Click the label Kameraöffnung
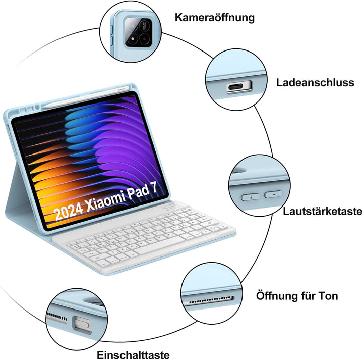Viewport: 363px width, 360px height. pyautogui.click(x=215, y=18)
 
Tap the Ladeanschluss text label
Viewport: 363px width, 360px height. pyautogui.click(x=315, y=82)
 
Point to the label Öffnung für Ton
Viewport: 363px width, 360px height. pyautogui.click(x=297, y=296)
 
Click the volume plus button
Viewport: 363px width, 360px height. pyautogui.click(x=250, y=196)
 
